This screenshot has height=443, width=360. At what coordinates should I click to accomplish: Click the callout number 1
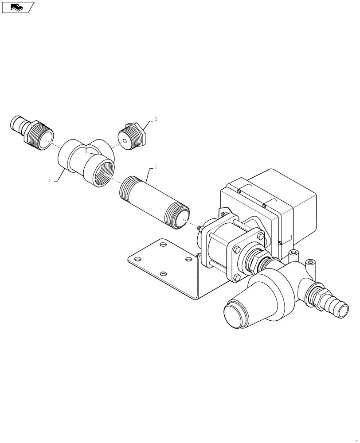[155, 168]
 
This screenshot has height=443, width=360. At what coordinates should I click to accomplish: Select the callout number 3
[155, 120]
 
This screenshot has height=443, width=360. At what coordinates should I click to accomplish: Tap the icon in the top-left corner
[17, 8]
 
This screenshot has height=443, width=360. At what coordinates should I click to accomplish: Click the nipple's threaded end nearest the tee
[128, 186]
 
